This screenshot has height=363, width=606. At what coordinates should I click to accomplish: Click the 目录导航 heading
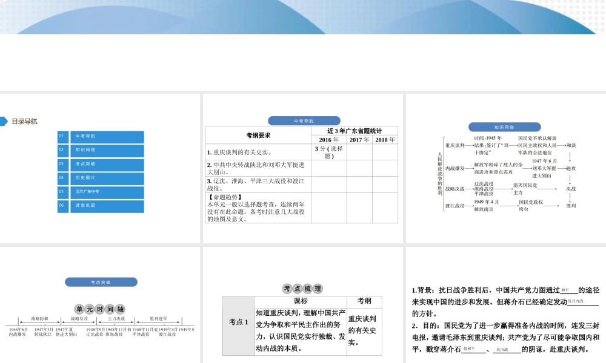24,121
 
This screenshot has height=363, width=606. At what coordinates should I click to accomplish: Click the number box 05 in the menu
63,192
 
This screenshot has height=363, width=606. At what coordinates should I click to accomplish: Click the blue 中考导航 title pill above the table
304,120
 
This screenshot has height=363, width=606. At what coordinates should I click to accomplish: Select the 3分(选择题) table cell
328,152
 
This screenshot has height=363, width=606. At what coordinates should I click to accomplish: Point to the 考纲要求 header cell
258,135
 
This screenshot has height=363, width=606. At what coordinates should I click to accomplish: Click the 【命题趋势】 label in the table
225,197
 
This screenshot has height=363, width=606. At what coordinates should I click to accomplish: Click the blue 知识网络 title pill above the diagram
504,127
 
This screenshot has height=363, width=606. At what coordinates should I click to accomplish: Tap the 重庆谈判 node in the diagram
454,146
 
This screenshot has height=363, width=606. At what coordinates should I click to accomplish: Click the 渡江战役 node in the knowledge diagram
454,206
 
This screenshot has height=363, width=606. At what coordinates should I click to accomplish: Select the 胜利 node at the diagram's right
571,206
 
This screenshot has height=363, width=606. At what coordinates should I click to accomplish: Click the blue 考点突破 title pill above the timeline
101,282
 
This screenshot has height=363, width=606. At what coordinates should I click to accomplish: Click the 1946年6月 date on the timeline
18,329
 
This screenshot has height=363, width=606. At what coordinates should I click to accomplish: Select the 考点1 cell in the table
238,322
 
